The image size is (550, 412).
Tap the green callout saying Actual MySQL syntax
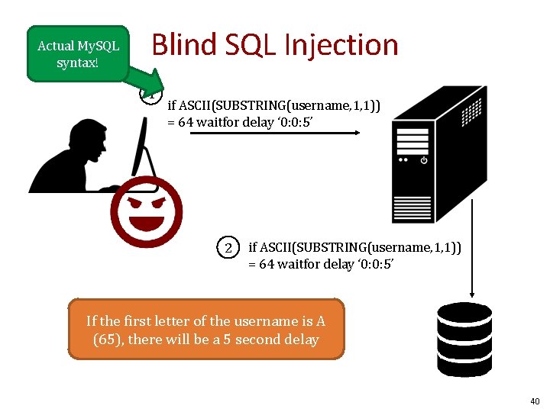click(78, 54)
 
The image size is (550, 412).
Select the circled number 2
click(228, 247)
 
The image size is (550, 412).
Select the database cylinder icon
click(464, 339)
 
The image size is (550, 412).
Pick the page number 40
click(534, 401)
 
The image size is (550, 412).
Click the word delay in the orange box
click(299, 340)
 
